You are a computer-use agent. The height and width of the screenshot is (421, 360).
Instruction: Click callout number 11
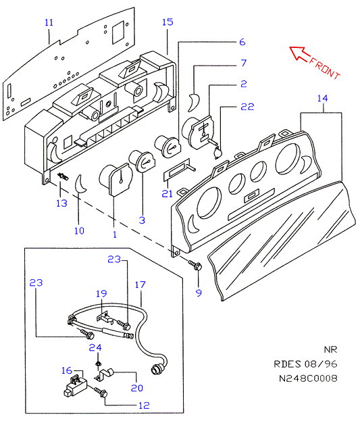coord(49,22)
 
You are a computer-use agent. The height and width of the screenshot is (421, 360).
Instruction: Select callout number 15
coord(168,22)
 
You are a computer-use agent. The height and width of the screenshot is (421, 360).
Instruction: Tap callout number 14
coord(322,98)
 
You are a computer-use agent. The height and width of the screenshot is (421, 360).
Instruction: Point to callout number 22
coord(247,107)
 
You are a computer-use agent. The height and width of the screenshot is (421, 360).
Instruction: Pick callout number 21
coord(168,193)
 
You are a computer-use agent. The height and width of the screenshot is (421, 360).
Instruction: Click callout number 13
coord(61,203)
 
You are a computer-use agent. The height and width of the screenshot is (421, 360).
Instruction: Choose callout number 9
coord(199,293)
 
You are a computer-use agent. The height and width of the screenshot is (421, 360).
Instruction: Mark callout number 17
coord(140,284)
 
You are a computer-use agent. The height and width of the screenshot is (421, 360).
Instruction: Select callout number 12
coord(144,405)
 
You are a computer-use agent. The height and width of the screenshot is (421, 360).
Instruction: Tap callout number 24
coord(95,347)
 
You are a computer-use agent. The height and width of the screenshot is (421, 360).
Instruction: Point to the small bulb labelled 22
coord(218,153)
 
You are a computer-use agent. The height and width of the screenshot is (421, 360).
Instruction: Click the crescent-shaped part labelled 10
coord(80,184)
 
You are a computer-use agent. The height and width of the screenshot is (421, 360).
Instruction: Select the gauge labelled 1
coord(116,178)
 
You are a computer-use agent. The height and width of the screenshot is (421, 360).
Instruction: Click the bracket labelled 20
coord(105,375)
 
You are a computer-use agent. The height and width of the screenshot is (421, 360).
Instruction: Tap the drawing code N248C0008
coord(308,378)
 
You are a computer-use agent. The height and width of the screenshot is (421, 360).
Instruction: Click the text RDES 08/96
coord(305,364)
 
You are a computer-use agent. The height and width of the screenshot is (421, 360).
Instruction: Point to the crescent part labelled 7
coord(194,101)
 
